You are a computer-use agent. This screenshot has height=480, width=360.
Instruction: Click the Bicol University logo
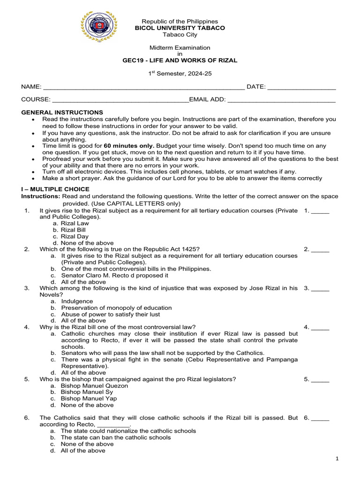(x=99, y=27)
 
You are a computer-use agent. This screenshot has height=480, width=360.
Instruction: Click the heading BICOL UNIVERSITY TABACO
(x=180, y=28)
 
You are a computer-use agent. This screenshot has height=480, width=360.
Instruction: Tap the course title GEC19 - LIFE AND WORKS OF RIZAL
(x=180, y=60)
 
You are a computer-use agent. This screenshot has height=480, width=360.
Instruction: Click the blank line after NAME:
(x=143, y=87)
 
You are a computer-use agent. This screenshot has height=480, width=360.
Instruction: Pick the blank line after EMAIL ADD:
(x=281, y=100)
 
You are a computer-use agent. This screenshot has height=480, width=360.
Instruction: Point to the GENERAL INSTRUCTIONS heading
(x=62, y=112)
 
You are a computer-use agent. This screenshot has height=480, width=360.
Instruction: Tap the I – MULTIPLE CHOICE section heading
(x=55, y=189)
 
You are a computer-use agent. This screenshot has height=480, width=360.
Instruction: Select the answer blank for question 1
(x=320, y=211)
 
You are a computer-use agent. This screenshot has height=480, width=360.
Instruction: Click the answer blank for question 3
(x=320, y=288)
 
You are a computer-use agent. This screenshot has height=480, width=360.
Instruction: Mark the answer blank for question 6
(x=320, y=418)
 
